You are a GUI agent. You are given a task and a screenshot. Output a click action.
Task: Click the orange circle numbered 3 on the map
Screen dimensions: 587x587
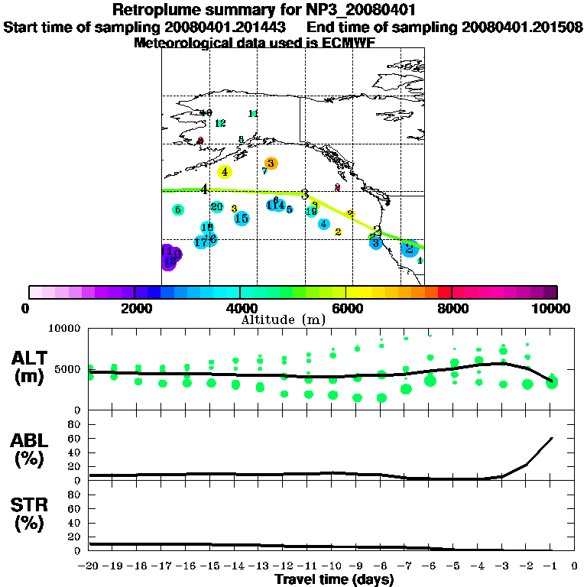(270, 163)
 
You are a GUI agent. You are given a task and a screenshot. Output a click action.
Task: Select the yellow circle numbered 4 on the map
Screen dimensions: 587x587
(224, 172)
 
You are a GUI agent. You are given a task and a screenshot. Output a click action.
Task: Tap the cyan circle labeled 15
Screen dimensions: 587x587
(242, 219)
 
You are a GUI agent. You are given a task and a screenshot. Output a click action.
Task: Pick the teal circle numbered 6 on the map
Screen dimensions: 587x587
(177, 209)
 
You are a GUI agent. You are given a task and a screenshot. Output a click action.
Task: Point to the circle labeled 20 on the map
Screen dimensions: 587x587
(217, 207)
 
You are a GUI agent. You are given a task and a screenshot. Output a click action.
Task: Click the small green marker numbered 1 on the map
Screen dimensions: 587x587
(420, 261)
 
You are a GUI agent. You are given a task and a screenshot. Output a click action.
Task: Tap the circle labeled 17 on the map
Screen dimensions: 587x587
(200, 242)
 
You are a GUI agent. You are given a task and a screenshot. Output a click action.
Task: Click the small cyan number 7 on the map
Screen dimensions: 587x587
(264, 171)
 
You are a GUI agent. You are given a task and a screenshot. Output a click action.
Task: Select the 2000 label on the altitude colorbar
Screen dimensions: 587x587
(134, 308)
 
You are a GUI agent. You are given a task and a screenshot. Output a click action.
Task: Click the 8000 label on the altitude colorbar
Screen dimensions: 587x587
(451, 308)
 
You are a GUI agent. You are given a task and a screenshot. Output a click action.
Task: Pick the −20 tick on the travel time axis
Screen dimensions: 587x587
(89, 566)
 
